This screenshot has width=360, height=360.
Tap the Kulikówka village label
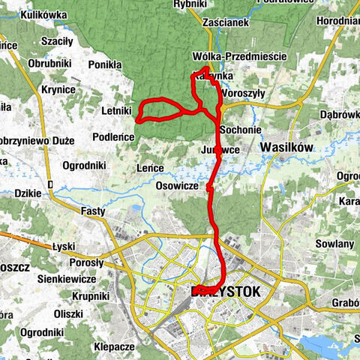click(45, 13)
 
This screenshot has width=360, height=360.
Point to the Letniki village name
click(116, 111)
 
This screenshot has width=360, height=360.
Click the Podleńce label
click(113, 136)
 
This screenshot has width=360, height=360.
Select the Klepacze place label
click(114, 347)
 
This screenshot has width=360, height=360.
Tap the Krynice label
click(58, 89)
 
